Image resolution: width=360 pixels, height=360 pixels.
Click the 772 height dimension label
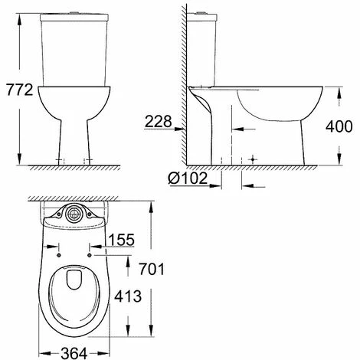point(20,90)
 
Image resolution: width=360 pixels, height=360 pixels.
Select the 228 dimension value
point(159,121)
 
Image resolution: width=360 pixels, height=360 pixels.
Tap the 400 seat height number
point(339,126)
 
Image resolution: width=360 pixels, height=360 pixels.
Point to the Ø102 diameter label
point(188,178)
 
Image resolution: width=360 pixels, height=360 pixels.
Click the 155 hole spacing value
point(122,240)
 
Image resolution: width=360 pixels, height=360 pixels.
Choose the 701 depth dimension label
point(152,269)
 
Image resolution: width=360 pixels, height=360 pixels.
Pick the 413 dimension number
point(128,296)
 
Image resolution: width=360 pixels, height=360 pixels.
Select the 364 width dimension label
point(74,353)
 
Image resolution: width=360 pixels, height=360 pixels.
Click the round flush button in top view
point(74,214)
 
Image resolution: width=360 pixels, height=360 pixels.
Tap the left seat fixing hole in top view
point(59,255)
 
